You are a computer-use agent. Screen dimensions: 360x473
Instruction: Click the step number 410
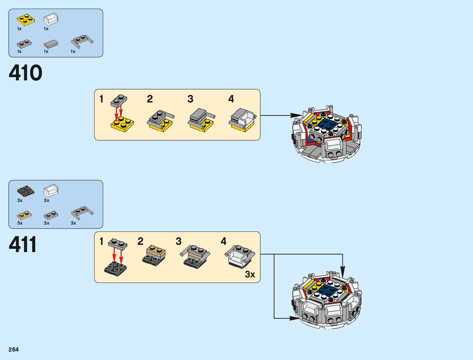tap(26, 73)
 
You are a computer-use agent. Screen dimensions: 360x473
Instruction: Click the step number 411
tap(23, 244)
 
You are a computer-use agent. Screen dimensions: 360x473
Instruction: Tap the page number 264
tap(14, 349)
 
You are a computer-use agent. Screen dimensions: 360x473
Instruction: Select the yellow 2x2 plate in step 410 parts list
tap(26, 20)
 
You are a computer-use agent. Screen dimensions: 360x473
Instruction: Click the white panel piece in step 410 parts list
tap(51, 19)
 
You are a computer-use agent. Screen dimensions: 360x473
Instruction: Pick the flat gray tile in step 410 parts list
tap(50, 44)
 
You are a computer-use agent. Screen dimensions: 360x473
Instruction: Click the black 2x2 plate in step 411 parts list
tap(26, 191)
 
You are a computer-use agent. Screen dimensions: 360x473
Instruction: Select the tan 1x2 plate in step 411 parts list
tap(24, 215)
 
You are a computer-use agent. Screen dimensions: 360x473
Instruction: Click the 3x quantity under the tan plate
tap(20, 223)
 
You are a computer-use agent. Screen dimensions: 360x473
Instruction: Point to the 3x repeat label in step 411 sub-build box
tap(250, 274)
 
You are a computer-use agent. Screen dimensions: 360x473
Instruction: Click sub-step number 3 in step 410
tap(190, 99)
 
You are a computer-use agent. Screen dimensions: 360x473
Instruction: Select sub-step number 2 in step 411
tap(140, 241)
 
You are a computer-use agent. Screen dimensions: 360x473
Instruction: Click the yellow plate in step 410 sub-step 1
tap(122, 124)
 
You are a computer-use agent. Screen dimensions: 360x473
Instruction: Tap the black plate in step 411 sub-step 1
tap(115, 268)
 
